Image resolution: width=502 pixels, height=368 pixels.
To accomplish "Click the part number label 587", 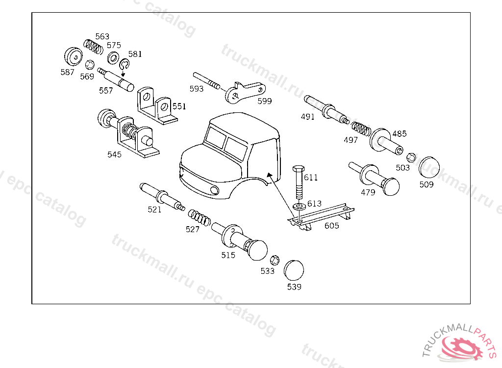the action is point(67,72).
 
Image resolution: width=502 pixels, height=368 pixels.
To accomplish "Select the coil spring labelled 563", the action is point(93,46).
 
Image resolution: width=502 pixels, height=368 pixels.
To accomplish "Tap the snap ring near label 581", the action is point(124,65).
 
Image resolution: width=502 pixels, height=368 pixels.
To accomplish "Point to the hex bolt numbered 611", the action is point(298,182).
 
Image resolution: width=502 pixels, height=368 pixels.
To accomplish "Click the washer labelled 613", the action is point(299,206).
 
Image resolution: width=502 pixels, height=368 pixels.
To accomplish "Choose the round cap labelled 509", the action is point(429,167).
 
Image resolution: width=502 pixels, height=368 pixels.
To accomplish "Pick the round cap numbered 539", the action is point(294,270).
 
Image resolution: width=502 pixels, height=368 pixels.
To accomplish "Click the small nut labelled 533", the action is point(275,260).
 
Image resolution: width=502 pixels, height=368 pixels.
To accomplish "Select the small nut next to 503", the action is point(411,158).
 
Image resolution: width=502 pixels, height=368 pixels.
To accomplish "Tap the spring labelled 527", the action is point(199,218).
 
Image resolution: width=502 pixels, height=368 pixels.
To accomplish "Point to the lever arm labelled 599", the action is point(245,92).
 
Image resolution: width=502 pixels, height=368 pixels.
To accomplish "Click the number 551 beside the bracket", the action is point(179,106).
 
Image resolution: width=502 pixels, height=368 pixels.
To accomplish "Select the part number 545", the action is point(114,155).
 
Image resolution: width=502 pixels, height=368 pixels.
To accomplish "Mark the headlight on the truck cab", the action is point(214,190).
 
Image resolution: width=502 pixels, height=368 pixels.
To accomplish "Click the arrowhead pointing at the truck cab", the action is point(270,175).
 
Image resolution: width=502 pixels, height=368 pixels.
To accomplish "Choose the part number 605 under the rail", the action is point(331,226).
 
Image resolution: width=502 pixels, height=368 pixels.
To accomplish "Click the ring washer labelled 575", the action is point(113,58).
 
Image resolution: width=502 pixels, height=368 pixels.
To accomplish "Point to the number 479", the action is point(368,192).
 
